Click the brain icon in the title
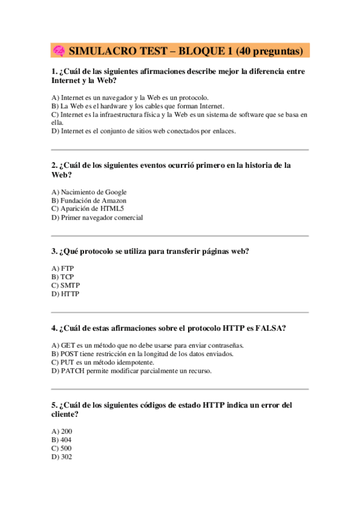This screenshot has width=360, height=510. pyautogui.click(x=59, y=51)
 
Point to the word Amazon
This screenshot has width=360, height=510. pyautogui.click(x=112, y=200)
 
